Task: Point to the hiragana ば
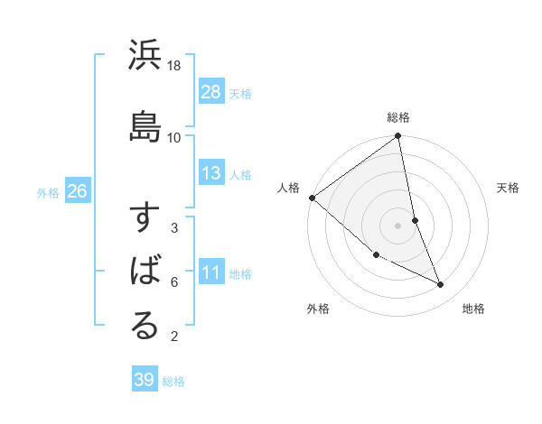pyautogui.click(x=145, y=272)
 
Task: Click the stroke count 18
pyautogui.click(x=174, y=66)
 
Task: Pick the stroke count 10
pyautogui.click(x=174, y=137)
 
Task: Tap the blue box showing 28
pyautogui.click(x=211, y=92)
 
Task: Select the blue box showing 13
pyautogui.click(x=211, y=173)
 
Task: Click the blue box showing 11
pyautogui.click(x=211, y=272)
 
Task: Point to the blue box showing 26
pyautogui.click(x=77, y=191)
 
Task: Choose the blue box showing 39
pyautogui.click(x=144, y=380)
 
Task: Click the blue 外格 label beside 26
pyautogui.click(x=48, y=192)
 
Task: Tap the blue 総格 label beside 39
pyautogui.click(x=173, y=382)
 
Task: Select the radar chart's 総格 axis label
pyautogui.click(x=398, y=117)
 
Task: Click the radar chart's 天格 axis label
pyautogui.click(x=509, y=188)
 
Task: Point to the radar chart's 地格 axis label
pyautogui.click(x=473, y=309)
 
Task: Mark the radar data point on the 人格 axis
pyautogui.click(x=312, y=198)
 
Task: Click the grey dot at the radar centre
pyautogui.click(x=397, y=225)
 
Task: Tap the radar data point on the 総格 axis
pyautogui.click(x=398, y=136)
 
